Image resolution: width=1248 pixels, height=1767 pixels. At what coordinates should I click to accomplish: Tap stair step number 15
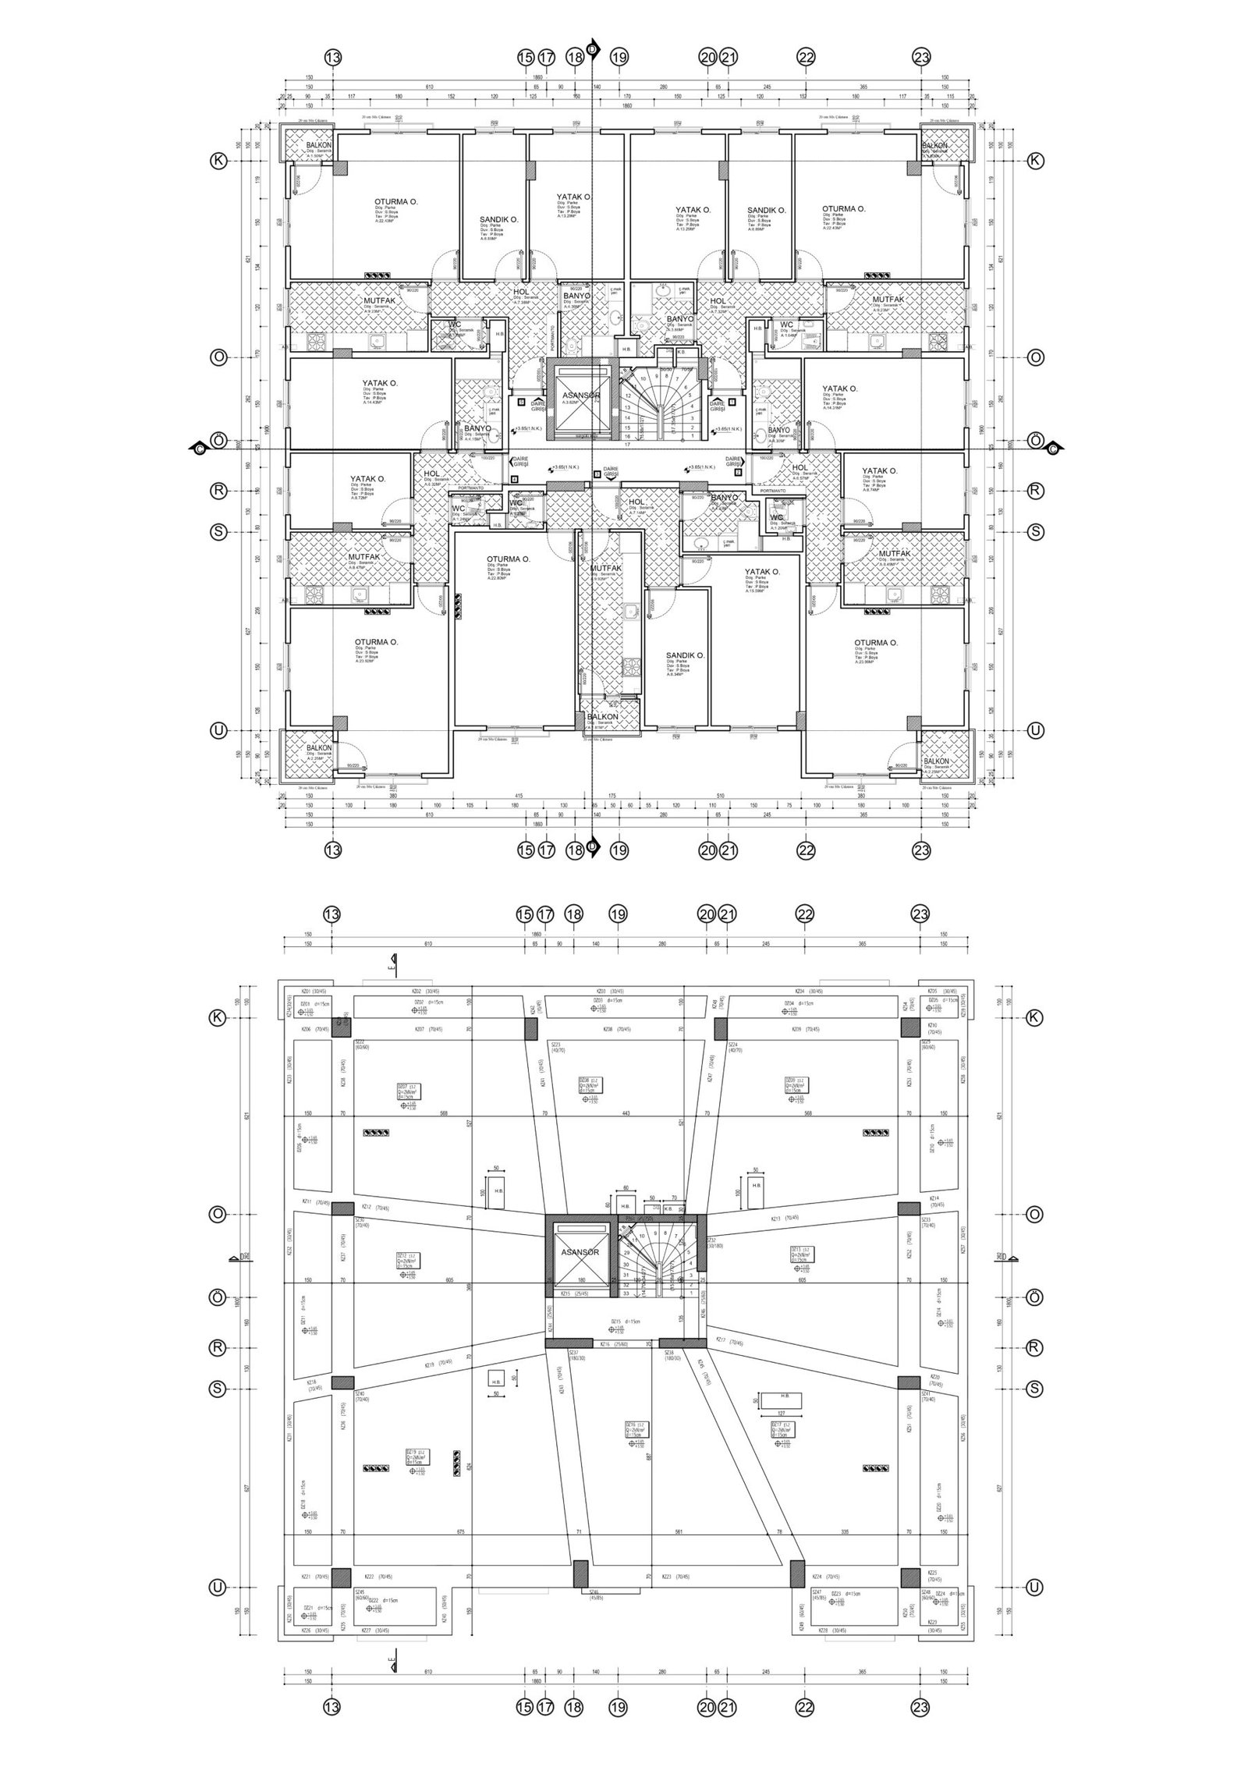[627, 428]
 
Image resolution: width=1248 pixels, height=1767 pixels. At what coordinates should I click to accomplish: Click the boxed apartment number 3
[597, 473]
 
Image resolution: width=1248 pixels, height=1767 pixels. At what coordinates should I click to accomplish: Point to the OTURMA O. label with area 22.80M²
[509, 559]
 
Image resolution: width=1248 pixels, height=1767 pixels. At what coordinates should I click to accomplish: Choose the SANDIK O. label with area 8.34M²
[685, 655]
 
